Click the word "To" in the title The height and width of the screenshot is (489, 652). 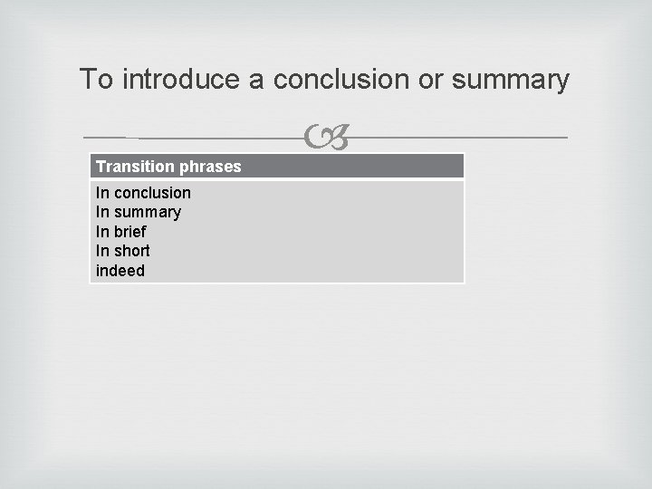pos(97,80)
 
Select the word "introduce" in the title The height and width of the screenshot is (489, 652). pos(181,80)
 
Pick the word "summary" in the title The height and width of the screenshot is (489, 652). pos(511,80)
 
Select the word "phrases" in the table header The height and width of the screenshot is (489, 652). pos(211,167)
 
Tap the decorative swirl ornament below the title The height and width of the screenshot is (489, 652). pos(327,139)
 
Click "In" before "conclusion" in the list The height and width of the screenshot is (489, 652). pos(102,193)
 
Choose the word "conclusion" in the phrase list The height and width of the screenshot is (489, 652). pos(152,193)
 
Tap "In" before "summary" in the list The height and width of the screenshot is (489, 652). pos(102,212)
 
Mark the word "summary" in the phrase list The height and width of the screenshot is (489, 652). pos(148,212)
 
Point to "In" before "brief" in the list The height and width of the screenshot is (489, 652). pos(102,232)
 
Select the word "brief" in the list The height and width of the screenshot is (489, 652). pos(130,232)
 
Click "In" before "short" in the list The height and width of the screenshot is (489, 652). pos(102,251)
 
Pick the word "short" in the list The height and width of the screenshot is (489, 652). pos(132,251)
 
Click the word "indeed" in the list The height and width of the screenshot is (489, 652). pos(120,271)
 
